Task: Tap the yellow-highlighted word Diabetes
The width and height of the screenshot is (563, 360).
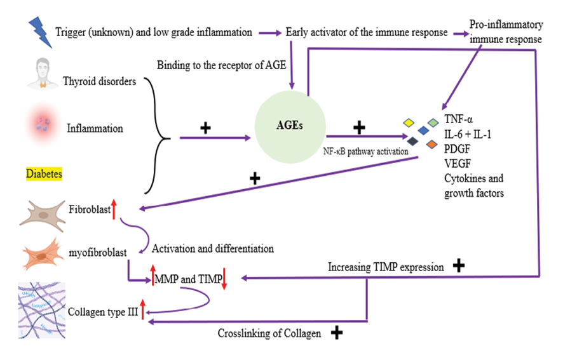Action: tap(44, 173)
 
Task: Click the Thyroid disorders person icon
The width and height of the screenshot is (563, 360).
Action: tap(43, 74)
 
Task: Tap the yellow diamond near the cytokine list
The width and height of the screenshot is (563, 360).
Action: tap(409, 122)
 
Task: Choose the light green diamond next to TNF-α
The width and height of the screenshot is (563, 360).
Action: tap(433, 121)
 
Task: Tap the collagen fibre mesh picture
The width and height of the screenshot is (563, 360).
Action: tap(41, 309)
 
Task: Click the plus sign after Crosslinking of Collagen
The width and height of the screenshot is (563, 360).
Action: tap(337, 333)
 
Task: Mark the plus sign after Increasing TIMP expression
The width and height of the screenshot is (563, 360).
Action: tap(459, 266)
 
